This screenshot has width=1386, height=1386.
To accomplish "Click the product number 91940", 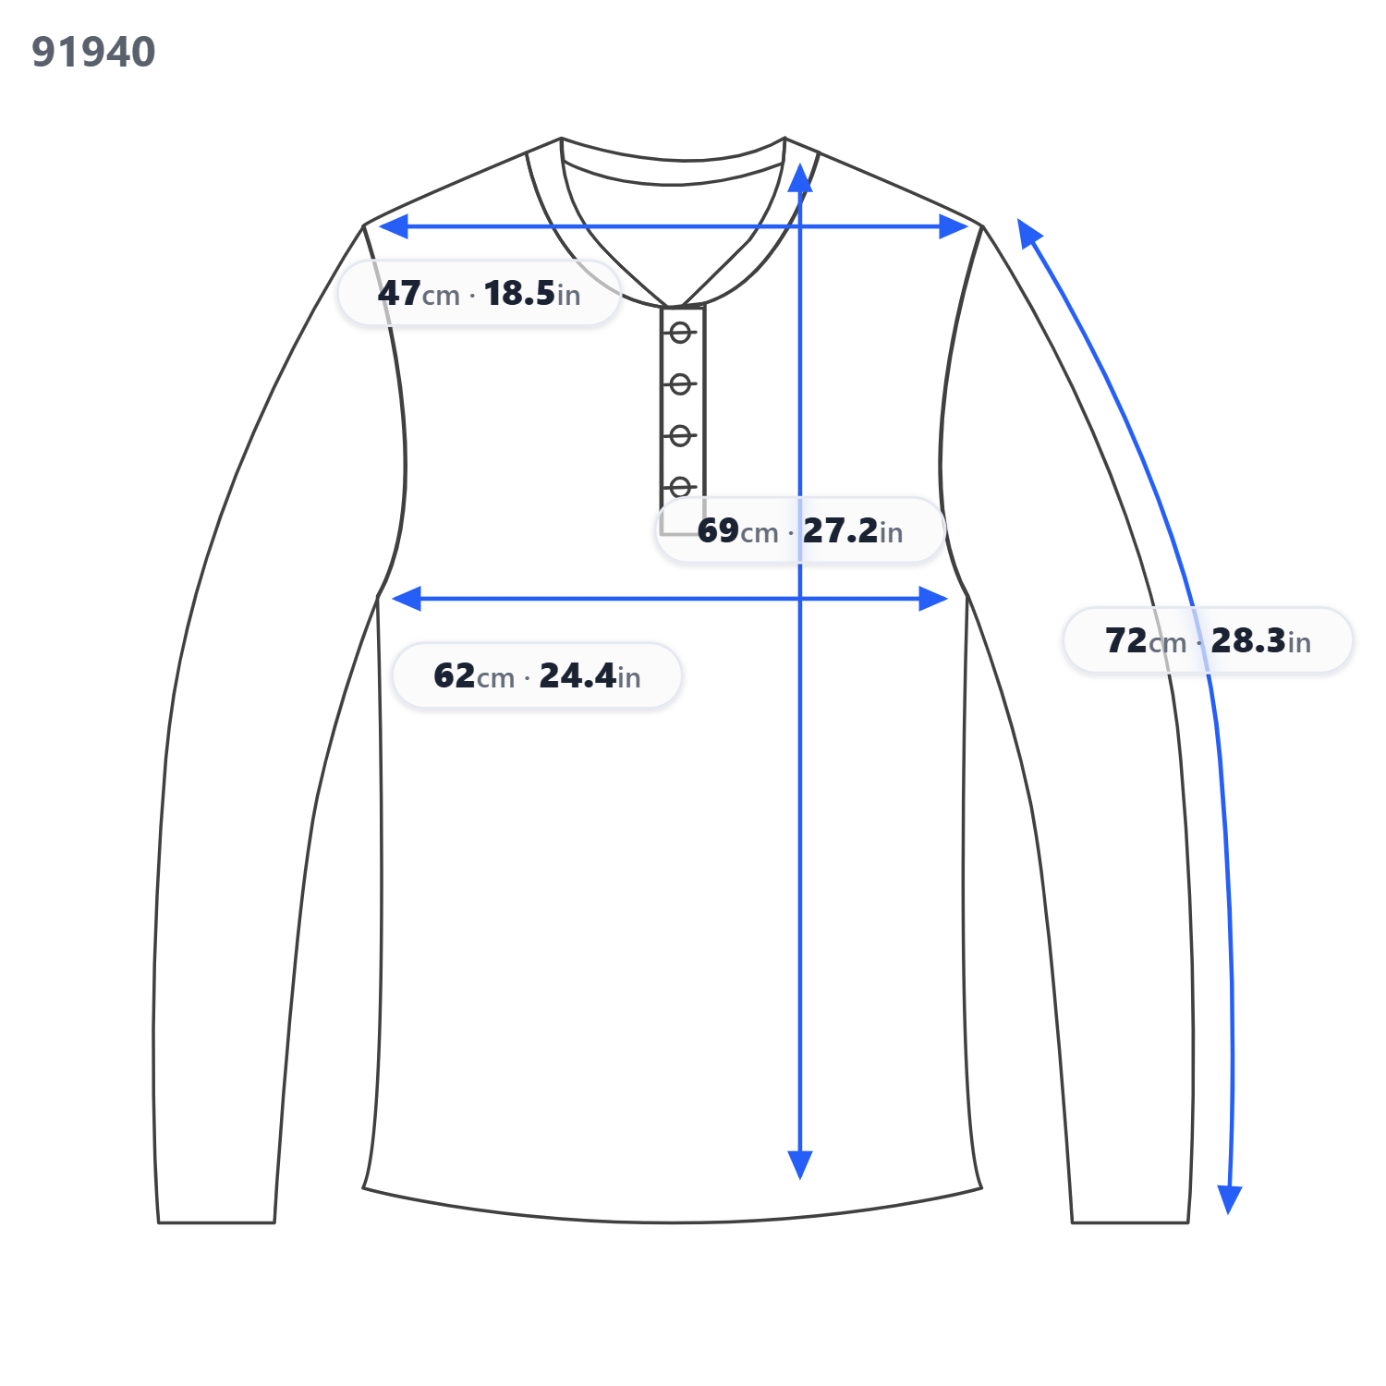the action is tap(93, 52).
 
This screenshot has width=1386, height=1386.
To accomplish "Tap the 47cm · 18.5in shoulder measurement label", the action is tap(479, 293).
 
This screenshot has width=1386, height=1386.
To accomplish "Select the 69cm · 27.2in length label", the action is tap(800, 530).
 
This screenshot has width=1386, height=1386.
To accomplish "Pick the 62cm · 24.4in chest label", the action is tap(537, 675).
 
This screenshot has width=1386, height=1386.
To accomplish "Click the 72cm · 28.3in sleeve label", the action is tap(1208, 640).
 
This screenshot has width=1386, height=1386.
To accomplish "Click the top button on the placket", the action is tap(681, 333).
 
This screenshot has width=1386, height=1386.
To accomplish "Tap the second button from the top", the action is tap(681, 383).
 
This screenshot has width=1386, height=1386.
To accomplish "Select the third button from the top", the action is tap(681, 435).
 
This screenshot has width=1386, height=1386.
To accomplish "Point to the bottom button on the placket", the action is tap(681, 486).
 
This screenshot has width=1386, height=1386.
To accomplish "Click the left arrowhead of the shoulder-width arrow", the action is tap(393, 226).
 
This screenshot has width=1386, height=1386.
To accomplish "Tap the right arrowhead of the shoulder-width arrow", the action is tap(954, 226).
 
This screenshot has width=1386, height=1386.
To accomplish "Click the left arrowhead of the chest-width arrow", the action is tap(407, 599).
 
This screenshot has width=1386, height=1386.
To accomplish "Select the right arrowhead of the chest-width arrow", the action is tap(933, 599).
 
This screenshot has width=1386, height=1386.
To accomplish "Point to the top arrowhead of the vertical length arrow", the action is tap(800, 178).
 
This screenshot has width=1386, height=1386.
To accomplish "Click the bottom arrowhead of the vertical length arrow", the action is tap(800, 1165).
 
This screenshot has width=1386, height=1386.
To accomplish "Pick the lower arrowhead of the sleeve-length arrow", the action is tap(1230, 1199).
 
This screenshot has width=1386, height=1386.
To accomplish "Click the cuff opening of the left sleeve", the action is tap(216, 1222).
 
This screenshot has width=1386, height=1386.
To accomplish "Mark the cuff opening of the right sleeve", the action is tap(1130, 1222).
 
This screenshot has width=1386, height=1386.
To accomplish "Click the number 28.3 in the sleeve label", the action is tap(1248, 640).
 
